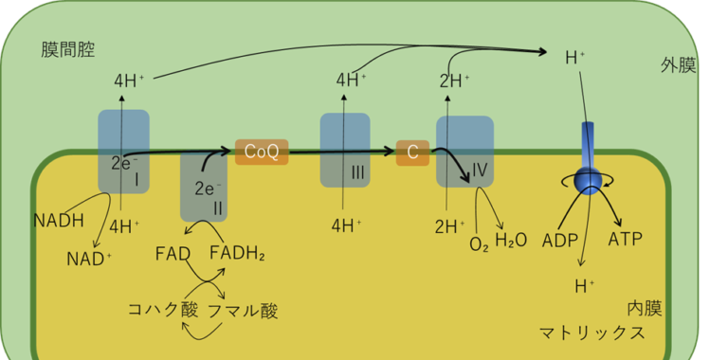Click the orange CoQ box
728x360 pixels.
point(262,152)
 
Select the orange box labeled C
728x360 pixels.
point(412,152)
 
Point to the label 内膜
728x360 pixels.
point(645,309)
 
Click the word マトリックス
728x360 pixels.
point(592,333)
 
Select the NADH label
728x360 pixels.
point(59,222)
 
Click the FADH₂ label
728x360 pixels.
point(237,253)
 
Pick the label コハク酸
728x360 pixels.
point(163,310)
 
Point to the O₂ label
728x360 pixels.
point(480,243)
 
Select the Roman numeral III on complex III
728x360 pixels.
point(357,171)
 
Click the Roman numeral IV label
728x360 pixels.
point(479,171)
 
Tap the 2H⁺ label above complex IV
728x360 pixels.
point(455,81)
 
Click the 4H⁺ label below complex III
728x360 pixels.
point(348,225)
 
